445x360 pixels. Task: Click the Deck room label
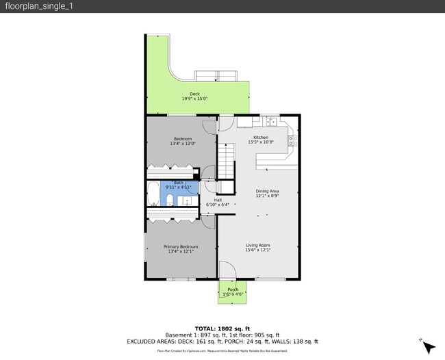click(194, 94)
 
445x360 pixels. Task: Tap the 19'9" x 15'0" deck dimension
click(194, 99)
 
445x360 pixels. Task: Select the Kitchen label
click(260, 138)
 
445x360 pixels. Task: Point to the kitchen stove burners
click(292, 140)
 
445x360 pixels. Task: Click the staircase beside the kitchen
click(226, 162)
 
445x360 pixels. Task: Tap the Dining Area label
click(267, 191)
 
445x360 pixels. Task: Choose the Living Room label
click(258, 245)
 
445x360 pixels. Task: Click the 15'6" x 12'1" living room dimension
click(258, 250)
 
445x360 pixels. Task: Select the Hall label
click(218, 200)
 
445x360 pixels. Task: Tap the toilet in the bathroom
click(168, 200)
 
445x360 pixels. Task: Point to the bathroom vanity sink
click(186, 200)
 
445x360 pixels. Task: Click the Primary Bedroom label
click(181, 246)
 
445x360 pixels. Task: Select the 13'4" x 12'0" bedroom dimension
click(183, 144)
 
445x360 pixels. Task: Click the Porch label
click(233, 290)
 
